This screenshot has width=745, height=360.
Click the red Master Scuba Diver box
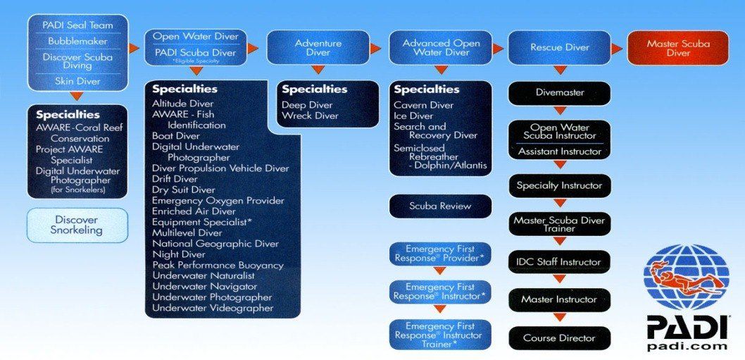(678, 48)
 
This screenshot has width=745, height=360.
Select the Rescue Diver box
(559, 48)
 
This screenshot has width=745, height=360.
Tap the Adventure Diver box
(318, 48)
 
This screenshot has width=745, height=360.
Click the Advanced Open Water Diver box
(441, 48)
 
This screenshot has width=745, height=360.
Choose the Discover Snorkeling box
(77, 225)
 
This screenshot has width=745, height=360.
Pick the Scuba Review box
(440, 206)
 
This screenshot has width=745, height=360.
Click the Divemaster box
(559, 92)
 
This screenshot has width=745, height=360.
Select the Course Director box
(559, 338)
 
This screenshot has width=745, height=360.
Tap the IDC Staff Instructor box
(559, 262)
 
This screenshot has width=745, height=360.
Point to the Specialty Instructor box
(559, 186)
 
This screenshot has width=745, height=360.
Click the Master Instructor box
(559, 300)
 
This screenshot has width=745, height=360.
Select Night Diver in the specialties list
(179, 254)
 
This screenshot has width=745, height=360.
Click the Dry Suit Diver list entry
(184, 190)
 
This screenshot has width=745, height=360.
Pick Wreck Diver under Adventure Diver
(311, 116)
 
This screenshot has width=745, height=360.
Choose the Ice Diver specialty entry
(413, 116)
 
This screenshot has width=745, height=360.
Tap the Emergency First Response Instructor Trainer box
(440, 334)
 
